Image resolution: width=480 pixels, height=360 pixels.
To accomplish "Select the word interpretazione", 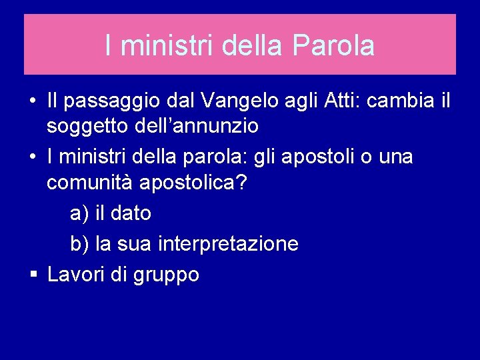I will click(x=229, y=245).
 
